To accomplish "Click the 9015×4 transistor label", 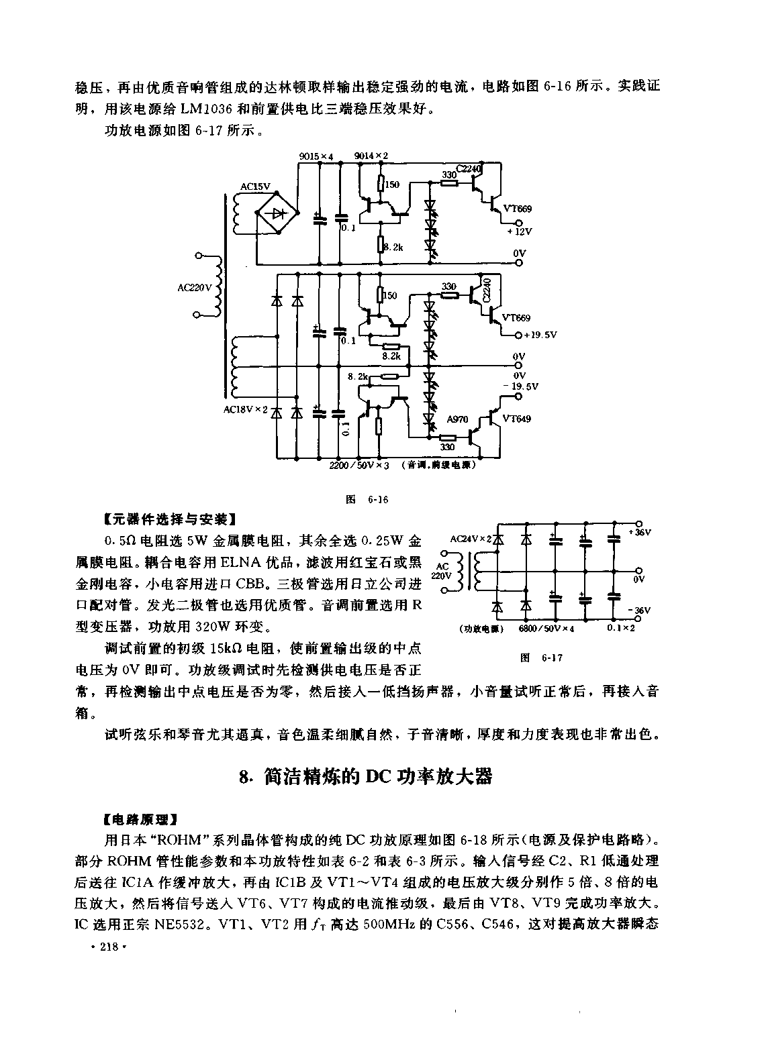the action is [316, 156].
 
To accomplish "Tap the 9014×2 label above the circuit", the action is [371, 156].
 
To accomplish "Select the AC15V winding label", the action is [255, 187].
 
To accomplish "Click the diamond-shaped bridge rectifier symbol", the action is [277, 212].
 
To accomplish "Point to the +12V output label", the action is [519, 231].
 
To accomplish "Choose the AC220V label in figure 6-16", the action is [195, 287].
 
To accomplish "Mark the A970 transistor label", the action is [457, 419].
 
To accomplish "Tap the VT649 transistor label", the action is [516, 419].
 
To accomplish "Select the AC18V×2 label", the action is [245, 410].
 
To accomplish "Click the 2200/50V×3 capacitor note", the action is [359, 466].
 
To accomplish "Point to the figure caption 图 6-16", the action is [367, 500].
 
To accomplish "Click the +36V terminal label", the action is [640, 533].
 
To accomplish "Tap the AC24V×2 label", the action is [471, 539].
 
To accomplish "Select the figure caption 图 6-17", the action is [541, 658].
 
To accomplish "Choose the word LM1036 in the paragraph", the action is [207, 109].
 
